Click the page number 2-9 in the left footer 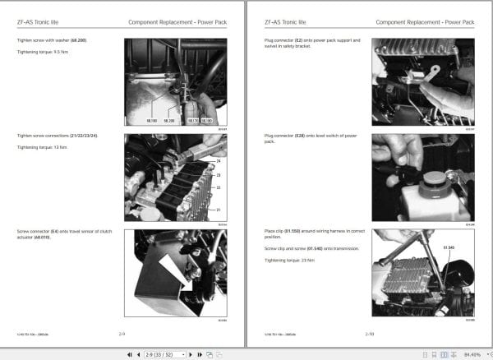click(x=122, y=335)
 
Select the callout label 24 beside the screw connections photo click(x=219, y=161)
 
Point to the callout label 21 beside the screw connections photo click(x=219, y=210)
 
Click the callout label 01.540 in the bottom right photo click(x=449, y=245)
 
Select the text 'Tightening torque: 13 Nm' click(x=39, y=147)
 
